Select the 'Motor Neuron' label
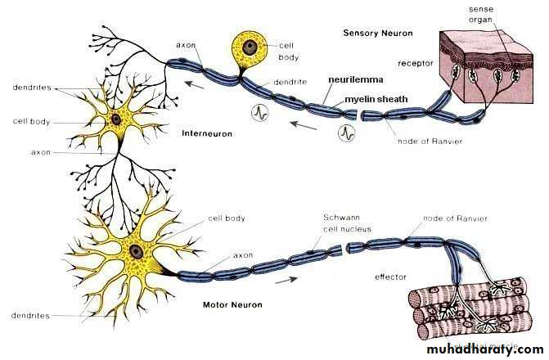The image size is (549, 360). [x=233, y=305]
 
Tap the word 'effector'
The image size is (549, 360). [x=390, y=277]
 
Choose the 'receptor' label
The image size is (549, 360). [x=415, y=62]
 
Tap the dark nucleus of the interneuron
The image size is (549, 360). [x=116, y=119]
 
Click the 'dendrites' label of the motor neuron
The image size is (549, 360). [x=30, y=314]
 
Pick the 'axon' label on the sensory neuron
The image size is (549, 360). [x=186, y=44]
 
